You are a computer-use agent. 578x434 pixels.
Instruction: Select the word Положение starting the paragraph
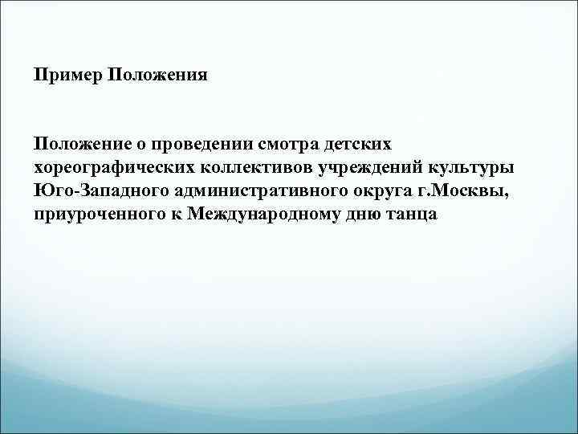(x=80, y=145)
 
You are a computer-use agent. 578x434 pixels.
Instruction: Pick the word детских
(x=358, y=145)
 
